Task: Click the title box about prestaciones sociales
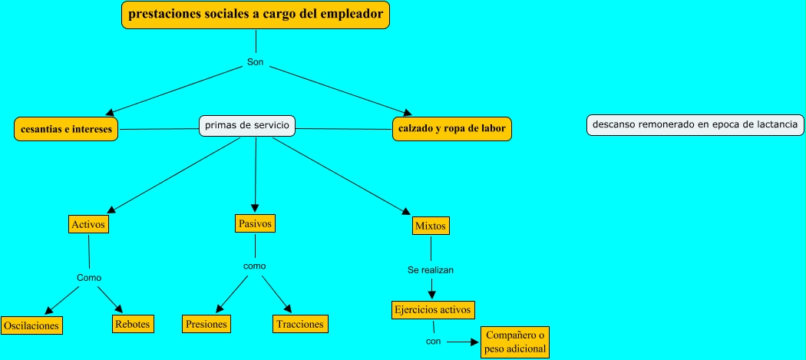256,15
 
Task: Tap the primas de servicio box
246,126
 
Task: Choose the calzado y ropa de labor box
451,129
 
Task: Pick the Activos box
88,224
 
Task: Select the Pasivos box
255,223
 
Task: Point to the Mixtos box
431,226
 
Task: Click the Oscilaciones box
31,325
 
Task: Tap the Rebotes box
133,324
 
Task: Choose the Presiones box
206,324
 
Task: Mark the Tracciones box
299,324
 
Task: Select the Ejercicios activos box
432,310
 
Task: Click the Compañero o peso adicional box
515,342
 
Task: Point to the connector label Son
256,62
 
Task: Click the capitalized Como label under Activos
89,277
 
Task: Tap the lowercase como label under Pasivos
254,266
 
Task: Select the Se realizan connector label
431,270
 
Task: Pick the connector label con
433,342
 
